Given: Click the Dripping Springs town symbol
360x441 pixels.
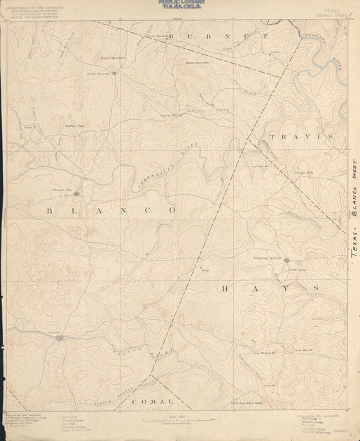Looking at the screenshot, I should (x=286, y=260).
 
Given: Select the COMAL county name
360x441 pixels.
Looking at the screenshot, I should (x=151, y=401).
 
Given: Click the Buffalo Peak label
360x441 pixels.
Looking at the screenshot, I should (x=75, y=126).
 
